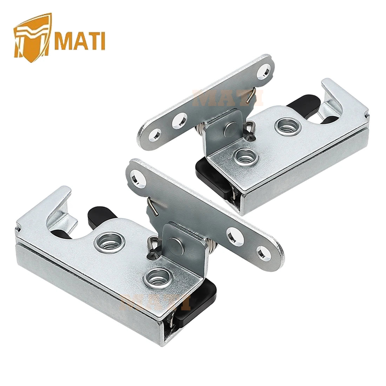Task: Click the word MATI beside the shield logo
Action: [x=80, y=41]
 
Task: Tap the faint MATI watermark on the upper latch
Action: [x=227, y=98]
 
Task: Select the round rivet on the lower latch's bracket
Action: [x=175, y=245]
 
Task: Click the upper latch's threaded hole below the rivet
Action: [x=246, y=156]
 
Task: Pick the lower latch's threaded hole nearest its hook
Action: [x=110, y=243]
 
